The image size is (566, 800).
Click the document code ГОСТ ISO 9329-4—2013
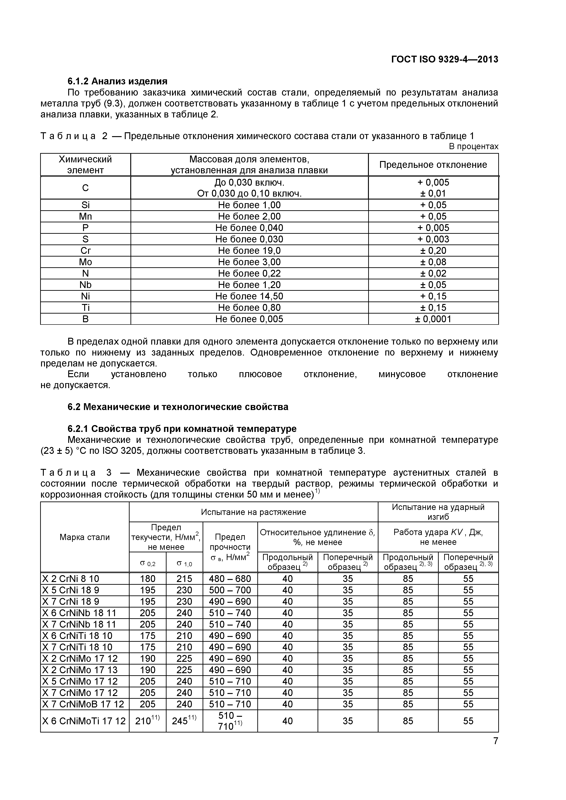(x=444, y=60)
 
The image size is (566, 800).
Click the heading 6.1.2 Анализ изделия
(x=117, y=81)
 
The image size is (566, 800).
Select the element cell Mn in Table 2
(x=85, y=216)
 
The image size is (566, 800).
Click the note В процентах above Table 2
(x=473, y=146)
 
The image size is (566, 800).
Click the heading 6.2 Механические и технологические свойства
(x=178, y=407)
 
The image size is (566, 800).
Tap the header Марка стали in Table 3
(x=85, y=537)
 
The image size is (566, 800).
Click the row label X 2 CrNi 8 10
(x=71, y=579)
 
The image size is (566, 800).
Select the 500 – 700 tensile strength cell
(x=230, y=590)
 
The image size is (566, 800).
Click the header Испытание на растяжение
(x=253, y=512)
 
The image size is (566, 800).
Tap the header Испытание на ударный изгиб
(x=438, y=512)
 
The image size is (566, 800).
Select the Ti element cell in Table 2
(x=85, y=308)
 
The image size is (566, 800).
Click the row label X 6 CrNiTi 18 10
(x=77, y=636)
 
